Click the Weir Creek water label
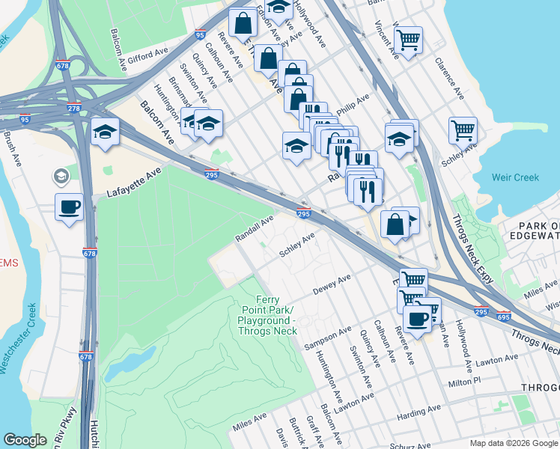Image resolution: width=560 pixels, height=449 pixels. (x=516, y=177)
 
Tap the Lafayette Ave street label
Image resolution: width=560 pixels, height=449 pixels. (x=134, y=180)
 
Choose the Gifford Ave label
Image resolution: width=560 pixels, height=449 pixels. (x=148, y=56)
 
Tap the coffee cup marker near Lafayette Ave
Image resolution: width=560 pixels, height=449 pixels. (x=69, y=207)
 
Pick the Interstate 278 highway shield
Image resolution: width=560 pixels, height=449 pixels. (x=73, y=109)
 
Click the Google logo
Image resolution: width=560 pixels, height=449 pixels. (x=25, y=440)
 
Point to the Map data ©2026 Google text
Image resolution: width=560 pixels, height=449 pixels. (x=513, y=443)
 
